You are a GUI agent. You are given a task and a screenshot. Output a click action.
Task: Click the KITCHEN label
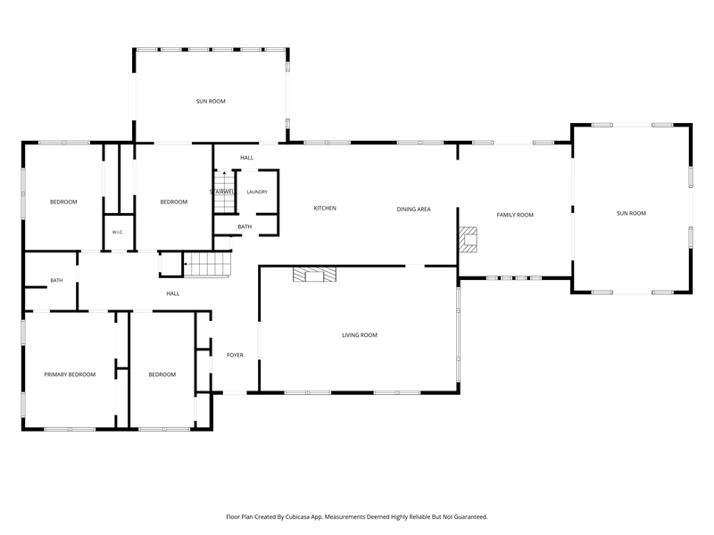pyautogui.click(x=325, y=208)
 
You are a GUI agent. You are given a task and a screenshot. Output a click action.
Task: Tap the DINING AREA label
pyautogui.click(x=413, y=210)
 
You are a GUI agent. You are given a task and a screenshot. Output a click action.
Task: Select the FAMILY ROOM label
pyautogui.click(x=515, y=215)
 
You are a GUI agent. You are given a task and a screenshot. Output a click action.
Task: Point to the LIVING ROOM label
pyautogui.click(x=360, y=335)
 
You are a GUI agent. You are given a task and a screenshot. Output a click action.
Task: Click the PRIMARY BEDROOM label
pyautogui.click(x=70, y=374)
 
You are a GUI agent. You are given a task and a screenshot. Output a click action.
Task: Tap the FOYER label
pyautogui.click(x=235, y=355)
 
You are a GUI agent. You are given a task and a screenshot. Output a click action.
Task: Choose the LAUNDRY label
pyautogui.click(x=257, y=192)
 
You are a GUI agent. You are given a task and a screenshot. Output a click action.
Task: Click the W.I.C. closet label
pyautogui.click(x=118, y=232)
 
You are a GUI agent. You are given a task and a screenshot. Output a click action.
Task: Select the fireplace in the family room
pyautogui.click(x=468, y=239)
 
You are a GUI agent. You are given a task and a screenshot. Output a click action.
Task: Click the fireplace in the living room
pyautogui.click(x=314, y=275)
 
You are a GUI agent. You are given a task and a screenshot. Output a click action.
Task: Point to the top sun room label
pyautogui.click(x=211, y=101)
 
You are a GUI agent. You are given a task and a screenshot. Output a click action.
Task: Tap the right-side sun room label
pyautogui.click(x=631, y=213)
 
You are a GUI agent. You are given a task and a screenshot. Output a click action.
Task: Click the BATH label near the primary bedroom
pyautogui.click(x=56, y=280)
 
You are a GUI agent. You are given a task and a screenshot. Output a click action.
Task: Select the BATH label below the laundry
pyautogui.click(x=245, y=226)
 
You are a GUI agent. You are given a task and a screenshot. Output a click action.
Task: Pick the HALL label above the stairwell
pyautogui.click(x=246, y=158)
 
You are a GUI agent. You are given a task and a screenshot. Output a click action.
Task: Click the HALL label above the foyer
pyautogui.click(x=172, y=293)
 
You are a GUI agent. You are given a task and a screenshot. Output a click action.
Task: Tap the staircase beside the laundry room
pyautogui.click(x=225, y=192)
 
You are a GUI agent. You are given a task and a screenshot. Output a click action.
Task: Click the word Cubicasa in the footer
pyautogui.click(x=297, y=517)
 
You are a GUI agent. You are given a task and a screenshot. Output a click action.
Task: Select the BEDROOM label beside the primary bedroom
pyautogui.click(x=162, y=374)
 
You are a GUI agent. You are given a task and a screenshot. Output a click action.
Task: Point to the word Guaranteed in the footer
pyautogui.click(x=471, y=517)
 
